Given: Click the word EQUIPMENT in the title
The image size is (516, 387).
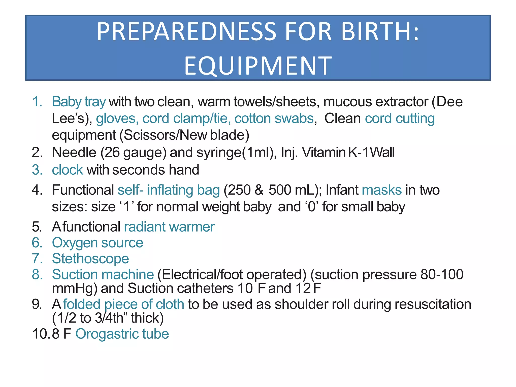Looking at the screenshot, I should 258,66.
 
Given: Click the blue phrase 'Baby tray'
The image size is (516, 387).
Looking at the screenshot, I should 79,102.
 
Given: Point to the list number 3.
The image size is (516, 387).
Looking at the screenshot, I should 37,170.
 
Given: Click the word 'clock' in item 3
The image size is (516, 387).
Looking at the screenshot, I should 67,170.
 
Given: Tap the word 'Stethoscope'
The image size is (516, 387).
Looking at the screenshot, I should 90,259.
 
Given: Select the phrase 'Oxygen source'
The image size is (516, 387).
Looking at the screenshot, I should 97,243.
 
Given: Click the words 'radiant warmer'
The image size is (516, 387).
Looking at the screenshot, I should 169,227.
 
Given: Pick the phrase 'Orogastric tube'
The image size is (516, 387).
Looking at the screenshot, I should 122,334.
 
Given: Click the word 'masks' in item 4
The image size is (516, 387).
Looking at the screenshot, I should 382,190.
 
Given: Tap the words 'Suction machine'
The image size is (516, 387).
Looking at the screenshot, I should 103,274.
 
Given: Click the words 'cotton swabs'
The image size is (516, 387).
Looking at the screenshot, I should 274,118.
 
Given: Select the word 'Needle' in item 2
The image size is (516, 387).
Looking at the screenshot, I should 74,152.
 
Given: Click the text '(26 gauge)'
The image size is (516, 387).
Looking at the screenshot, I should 134,152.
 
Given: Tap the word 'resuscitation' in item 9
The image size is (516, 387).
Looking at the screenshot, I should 433,304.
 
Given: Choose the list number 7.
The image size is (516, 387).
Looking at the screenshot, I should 37,259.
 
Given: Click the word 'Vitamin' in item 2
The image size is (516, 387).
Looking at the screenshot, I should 324,152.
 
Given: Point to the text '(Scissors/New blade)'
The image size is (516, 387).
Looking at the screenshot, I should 184,135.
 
